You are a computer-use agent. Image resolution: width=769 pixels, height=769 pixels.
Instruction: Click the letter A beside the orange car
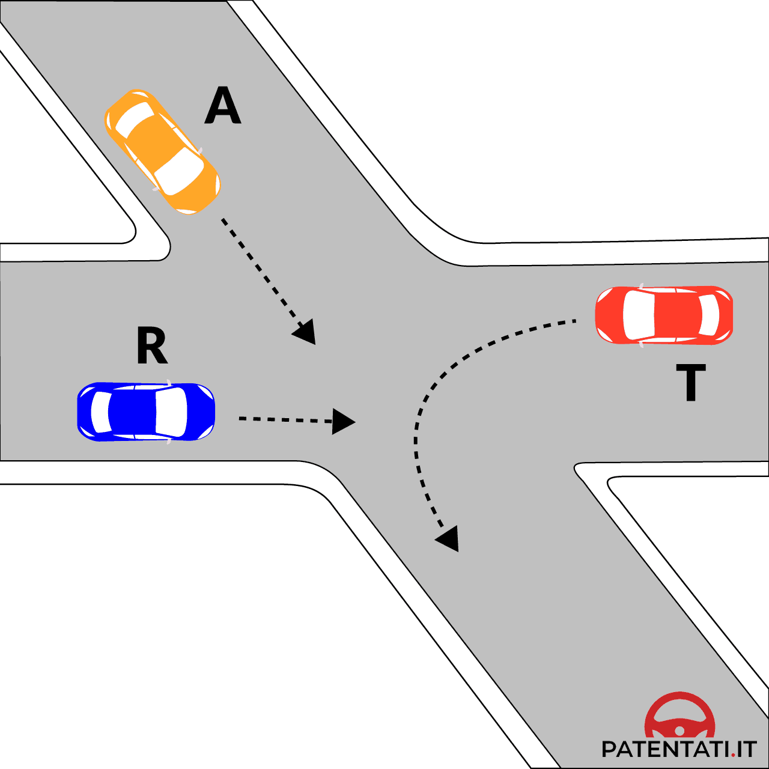pos(223,106)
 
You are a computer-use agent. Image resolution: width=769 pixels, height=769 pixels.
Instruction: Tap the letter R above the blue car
pos(152,345)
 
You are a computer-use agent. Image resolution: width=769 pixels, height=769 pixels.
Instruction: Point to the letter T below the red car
pos(691,383)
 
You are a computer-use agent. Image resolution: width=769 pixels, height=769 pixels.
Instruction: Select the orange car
pos(162,151)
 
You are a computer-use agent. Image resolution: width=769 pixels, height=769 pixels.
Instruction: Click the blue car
pos(146,412)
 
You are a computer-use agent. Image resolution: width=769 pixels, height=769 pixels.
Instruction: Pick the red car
pos(664,315)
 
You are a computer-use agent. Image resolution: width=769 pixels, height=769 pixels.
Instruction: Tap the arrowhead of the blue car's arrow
pos(343,421)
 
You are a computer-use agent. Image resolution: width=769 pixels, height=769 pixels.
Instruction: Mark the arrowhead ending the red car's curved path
pos(448,538)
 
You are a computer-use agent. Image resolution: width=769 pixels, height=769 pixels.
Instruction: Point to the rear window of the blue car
pos(101,412)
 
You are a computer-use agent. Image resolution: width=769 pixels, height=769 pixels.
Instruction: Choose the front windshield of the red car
pos(639,315)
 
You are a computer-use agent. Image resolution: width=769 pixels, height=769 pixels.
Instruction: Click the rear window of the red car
pos(709,315)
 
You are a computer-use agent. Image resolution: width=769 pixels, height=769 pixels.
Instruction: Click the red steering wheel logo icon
pos(680,717)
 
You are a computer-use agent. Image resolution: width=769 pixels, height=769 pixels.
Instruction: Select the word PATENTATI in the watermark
pos(666,749)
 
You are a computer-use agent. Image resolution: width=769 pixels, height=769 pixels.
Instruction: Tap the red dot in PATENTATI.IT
pos(734,755)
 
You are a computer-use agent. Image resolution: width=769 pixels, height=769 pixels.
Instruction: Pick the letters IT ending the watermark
pos(747,749)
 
